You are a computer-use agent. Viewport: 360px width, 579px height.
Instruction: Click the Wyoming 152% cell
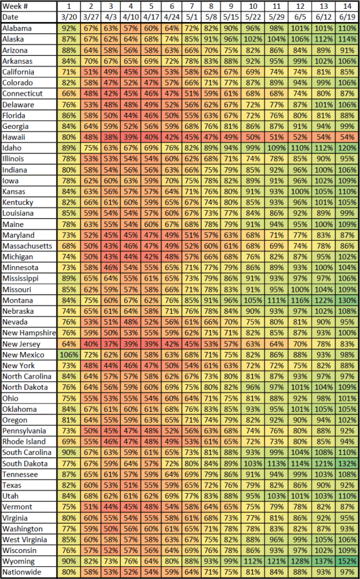[x=347, y=561]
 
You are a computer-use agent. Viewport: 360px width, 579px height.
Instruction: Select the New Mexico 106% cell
[x=68, y=354]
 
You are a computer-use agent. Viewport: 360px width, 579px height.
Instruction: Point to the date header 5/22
[x=252, y=17]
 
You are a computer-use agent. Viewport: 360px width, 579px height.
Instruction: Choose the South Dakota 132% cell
[x=347, y=463]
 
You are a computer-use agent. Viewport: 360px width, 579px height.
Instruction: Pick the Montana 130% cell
[x=347, y=300]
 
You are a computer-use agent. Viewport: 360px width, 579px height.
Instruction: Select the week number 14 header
[x=347, y=6]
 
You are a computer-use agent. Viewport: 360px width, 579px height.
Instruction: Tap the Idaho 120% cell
[x=347, y=148]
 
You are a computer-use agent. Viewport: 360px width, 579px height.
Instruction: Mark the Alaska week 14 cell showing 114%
[x=347, y=39]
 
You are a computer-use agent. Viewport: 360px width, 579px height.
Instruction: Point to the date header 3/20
[x=68, y=17]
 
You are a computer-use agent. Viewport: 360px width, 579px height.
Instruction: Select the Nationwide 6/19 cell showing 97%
[x=347, y=572]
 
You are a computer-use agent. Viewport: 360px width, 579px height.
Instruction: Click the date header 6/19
[x=347, y=17]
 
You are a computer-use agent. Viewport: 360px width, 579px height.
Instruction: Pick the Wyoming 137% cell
[x=323, y=561]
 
